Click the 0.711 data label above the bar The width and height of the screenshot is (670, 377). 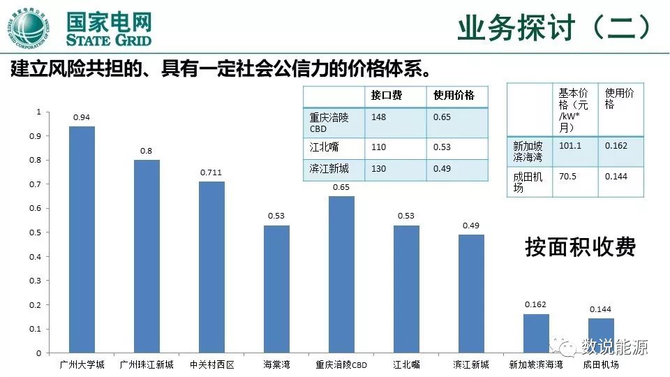click(211, 172)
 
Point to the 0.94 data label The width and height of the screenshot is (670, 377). click(82, 117)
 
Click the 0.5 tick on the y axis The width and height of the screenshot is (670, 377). click(38, 232)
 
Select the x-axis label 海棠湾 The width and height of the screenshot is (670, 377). click(276, 364)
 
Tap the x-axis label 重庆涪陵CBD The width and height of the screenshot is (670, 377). click(341, 364)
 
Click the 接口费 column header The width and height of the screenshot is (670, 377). click(387, 95)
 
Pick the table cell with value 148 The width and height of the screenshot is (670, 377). click(379, 117)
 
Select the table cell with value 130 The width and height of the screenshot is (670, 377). click(379, 169)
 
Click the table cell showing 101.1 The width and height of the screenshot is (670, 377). click(569, 146)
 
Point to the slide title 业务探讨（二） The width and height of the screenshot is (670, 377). click(556, 28)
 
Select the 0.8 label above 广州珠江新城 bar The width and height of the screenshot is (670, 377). click(146, 151)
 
